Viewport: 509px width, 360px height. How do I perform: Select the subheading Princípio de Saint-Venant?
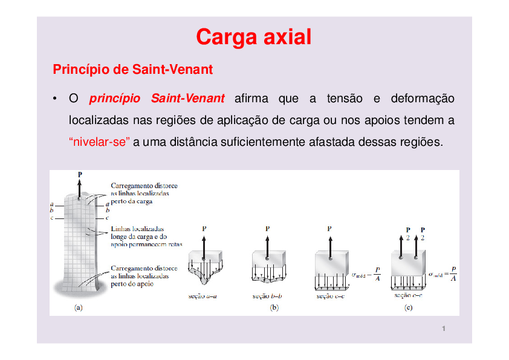(133, 70)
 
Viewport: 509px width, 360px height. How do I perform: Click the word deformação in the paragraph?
(423, 99)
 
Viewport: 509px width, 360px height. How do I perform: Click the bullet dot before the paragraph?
(54, 99)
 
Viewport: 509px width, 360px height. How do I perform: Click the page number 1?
(444, 329)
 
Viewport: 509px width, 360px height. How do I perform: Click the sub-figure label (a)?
(79, 307)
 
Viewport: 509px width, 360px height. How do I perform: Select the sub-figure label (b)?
(274, 307)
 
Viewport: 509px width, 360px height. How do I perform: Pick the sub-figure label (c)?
(409, 307)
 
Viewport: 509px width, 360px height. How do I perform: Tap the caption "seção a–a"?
(203, 296)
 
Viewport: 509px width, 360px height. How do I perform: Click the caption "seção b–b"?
(266, 296)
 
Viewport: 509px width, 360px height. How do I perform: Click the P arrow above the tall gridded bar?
(79, 185)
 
